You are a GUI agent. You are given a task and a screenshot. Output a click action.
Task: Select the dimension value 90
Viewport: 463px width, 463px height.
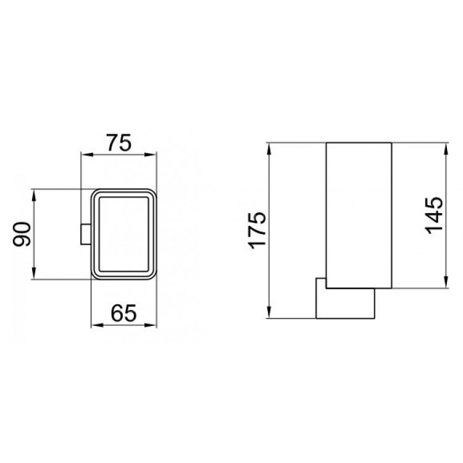23,233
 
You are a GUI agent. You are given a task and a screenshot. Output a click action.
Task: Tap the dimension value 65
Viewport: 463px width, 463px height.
123,313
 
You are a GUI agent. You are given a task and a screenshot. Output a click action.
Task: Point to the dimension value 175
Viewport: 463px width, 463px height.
257,230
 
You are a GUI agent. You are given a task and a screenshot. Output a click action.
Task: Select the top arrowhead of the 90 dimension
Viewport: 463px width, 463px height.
35,192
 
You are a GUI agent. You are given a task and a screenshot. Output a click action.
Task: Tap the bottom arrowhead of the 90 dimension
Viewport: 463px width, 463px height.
35,275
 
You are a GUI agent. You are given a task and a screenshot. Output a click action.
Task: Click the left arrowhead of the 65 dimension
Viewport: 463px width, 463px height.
94,325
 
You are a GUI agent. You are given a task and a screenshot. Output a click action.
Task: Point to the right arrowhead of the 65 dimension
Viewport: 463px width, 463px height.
154,325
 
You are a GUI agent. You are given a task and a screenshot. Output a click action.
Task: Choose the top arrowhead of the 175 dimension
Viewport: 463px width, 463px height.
270,148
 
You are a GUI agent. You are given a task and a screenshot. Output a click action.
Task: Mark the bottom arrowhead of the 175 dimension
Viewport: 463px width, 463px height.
270,314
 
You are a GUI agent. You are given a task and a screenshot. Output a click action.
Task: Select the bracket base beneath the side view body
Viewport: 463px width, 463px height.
346,303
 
